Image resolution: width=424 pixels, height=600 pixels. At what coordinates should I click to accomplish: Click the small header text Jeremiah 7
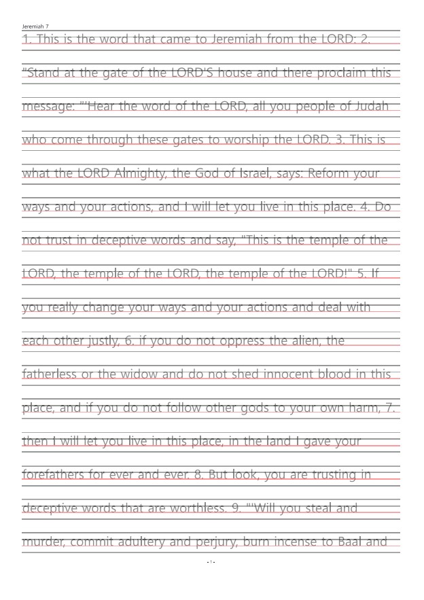[35, 26]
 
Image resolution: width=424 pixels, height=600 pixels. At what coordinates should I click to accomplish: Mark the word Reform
[330, 173]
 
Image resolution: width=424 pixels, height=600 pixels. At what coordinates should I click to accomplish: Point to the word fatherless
[49, 374]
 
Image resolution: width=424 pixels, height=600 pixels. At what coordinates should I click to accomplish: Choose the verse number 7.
[390, 408]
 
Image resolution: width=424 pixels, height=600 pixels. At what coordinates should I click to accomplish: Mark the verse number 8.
[199, 474]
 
